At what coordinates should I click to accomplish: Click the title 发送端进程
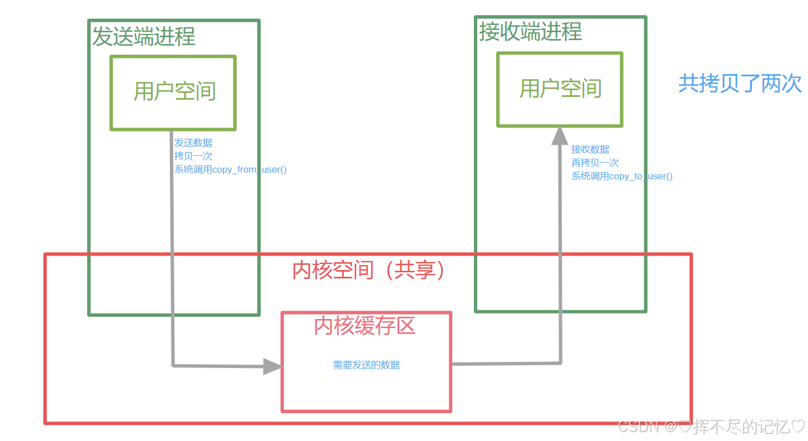click(144, 37)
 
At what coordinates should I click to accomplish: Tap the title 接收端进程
click(530, 32)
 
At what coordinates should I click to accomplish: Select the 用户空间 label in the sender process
click(174, 91)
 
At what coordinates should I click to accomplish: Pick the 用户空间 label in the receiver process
click(560, 89)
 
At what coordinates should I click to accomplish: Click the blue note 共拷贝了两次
click(740, 84)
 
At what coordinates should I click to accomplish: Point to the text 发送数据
click(193, 143)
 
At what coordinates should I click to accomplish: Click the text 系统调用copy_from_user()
click(230, 169)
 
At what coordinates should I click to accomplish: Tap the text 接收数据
click(590, 149)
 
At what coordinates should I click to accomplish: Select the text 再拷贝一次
click(595, 163)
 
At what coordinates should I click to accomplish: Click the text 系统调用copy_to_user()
click(621, 176)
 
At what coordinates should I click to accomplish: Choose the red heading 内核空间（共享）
click(369, 270)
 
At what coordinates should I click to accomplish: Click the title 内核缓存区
click(365, 326)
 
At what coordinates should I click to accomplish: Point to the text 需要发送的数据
click(366, 365)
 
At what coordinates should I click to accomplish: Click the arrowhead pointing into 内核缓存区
click(273, 366)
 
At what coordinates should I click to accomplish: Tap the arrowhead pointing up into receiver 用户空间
click(559, 135)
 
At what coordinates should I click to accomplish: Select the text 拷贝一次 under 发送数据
click(193, 156)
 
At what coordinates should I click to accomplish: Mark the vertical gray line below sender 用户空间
click(172, 251)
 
